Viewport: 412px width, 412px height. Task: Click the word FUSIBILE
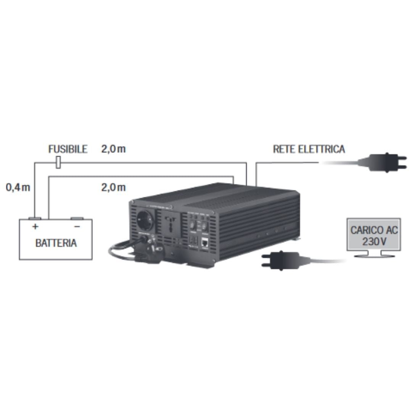click(x=68, y=149)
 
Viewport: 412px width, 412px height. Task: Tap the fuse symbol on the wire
click(x=58, y=163)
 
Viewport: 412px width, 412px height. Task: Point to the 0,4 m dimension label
click(x=18, y=187)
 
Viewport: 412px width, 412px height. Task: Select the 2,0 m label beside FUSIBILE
click(x=113, y=149)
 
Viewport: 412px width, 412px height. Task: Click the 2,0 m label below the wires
click(x=113, y=187)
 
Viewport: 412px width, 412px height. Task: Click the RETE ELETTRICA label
click(x=309, y=149)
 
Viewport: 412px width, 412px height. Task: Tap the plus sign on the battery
click(x=35, y=227)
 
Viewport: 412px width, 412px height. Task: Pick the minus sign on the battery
click(x=77, y=227)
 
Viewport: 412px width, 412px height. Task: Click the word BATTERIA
click(x=56, y=243)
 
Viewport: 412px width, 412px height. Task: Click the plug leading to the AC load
click(x=278, y=260)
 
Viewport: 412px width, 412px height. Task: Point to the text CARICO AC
click(x=374, y=230)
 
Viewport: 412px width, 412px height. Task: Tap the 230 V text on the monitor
click(x=374, y=241)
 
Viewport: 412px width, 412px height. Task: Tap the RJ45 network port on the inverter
click(x=205, y=241)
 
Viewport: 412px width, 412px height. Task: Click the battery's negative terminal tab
click(x=77, y=219)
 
